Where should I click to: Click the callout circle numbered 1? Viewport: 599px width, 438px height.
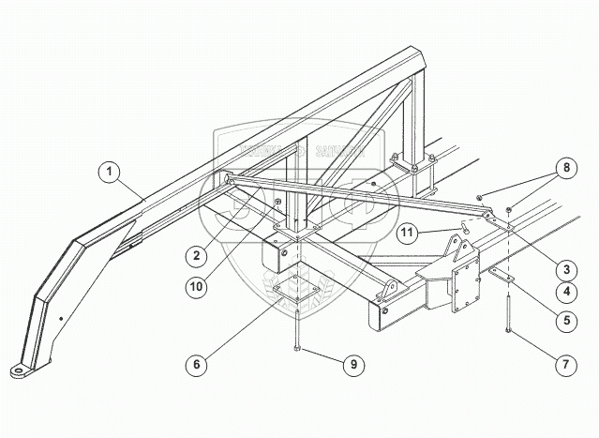tap(112, 172)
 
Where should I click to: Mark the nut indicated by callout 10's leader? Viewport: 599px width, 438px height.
tap(277, 204)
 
